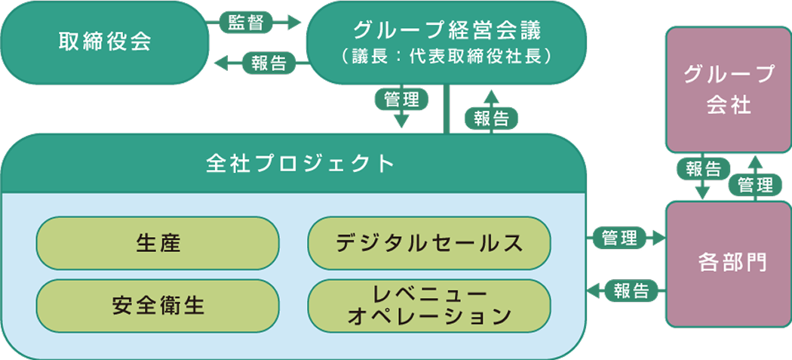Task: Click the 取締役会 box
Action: [x=105, y=42]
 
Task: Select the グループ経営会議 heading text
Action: [x=447, y=30]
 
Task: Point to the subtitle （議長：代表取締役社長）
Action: [x=447, y=57]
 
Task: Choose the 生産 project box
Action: [x=158, y=243]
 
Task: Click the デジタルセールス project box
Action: [x=429, y=243]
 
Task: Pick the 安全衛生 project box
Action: [x=158, y=306]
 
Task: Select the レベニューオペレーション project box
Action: [x=429, y=306]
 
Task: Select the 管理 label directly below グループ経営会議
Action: [x=401, y=100]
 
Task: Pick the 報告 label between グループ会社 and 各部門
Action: [x=703, y=168]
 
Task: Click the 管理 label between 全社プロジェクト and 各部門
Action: [x=619, y=238]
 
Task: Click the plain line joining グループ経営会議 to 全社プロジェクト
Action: [x=449, y=109]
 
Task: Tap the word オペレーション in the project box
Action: [x=429, y=317]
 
